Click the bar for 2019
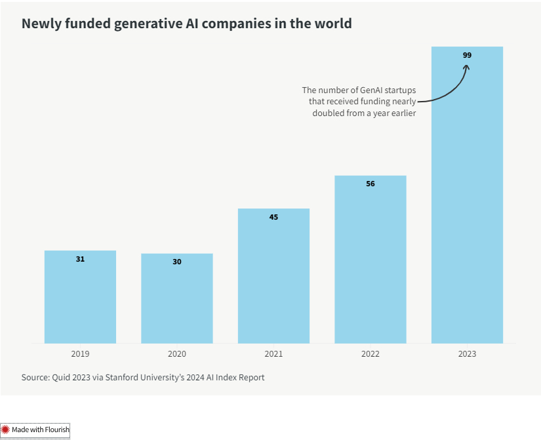click(80, 298)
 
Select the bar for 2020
click(177, 300)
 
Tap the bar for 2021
click(273, 277)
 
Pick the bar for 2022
click(371, 260)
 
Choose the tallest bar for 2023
click(467, 197)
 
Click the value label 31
click(80, 259)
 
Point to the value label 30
click(177, 262)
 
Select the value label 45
click(273, 216)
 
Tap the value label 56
click(371, 184)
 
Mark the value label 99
click(467, 55)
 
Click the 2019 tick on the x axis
click(80, 353)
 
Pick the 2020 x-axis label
click(177, 353)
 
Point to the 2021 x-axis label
click(273, 353)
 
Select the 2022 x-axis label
click(371, 353)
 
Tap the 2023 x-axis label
click(467, 353)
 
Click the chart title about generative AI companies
click(187, 24)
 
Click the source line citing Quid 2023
click(143, 378)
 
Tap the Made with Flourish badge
click(35, 430)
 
